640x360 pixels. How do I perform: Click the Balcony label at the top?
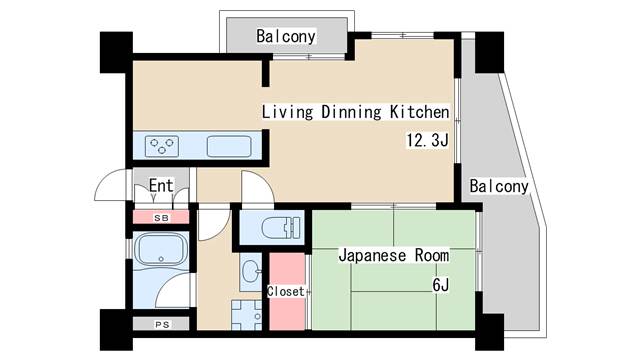[x=285, y=37]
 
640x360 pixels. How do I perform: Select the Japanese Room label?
[x=393, y=256]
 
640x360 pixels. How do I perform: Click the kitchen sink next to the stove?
[x=229, y=146]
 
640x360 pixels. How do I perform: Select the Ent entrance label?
[x=160, y=186]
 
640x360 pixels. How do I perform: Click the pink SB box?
[x=161, y=217]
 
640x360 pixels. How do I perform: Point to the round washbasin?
[x=250, y=269]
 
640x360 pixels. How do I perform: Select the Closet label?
[x=285, y=292]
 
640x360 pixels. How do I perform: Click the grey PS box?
[x=161, y=324]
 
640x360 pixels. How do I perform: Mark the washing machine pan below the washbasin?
[x=246, y=314]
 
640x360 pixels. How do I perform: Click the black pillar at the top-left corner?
[x=115, y=50]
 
